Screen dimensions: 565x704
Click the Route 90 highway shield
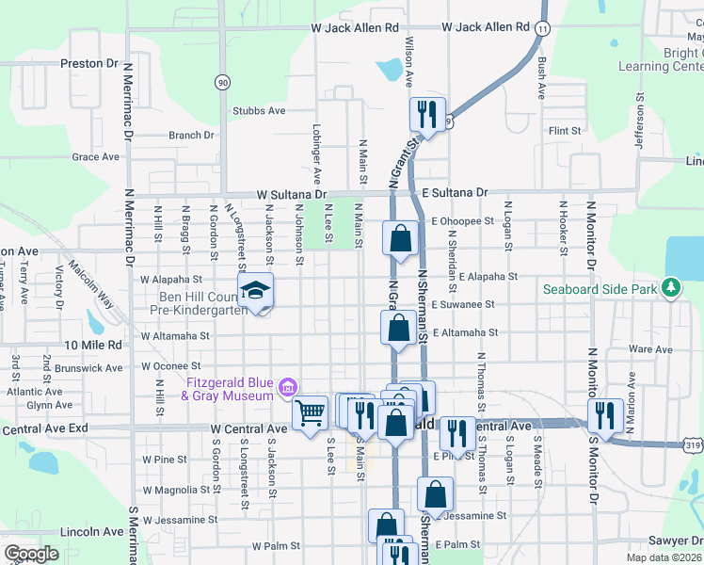222,83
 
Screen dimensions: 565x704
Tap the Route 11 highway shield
541,30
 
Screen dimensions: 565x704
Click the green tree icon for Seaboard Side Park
671,286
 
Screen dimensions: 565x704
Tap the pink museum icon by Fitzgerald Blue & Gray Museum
288,385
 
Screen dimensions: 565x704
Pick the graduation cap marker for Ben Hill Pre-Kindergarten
255,291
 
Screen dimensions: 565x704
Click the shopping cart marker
309,412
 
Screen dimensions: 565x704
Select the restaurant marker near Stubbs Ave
427,115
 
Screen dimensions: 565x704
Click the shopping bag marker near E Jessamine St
436,492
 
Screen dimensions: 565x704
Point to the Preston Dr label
88,64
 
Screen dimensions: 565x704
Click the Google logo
31,554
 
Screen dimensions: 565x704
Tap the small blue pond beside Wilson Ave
389,69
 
